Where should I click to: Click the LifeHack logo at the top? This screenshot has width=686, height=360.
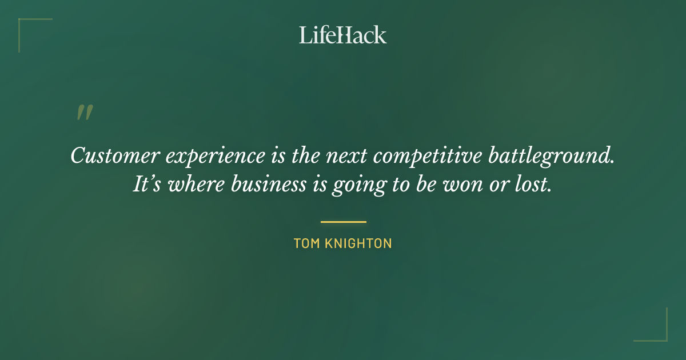pyautogui.click(x=342, y=35)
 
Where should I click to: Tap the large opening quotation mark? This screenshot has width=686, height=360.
pyautogui.click(x=84, y=113)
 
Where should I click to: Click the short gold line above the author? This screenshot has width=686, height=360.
pyautogui.click(x=343, y=222)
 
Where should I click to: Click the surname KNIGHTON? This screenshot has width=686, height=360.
pyautogui.click(x=358, y=243)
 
